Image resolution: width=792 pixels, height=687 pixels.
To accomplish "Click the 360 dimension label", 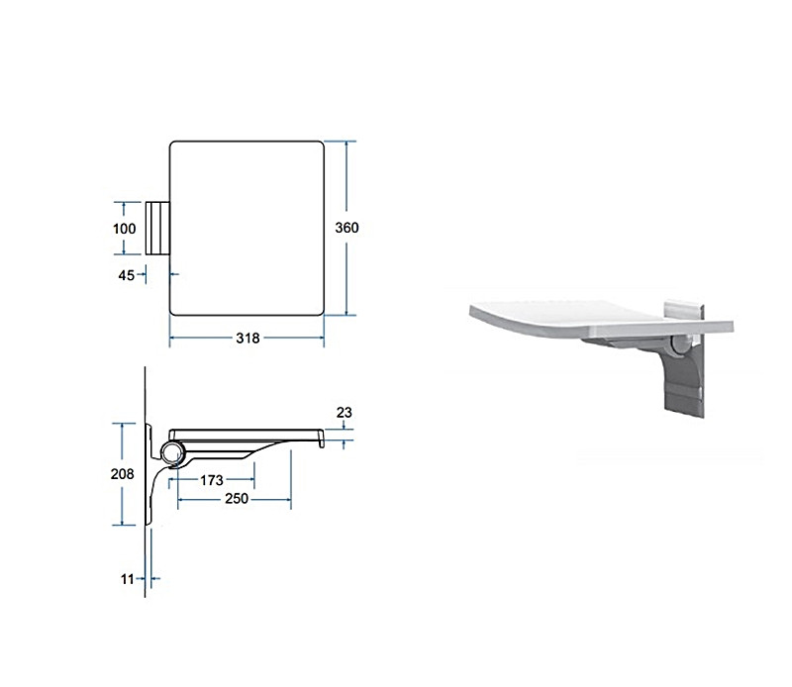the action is click(346, 228).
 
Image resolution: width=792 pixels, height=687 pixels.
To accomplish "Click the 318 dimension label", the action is click(247, 338).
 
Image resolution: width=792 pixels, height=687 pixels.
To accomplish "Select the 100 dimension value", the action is click(125, 229).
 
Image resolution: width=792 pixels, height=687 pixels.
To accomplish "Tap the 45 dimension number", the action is click(127, 275).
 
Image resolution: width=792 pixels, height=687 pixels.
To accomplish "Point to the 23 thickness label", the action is click(344, 412).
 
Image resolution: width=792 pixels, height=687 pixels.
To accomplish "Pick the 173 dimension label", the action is click(211, 480).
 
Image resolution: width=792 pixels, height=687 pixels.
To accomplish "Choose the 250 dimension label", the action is click(237, 499).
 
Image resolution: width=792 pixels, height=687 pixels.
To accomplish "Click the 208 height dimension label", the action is click(122, 474).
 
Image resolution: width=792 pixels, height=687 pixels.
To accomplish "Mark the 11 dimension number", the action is click(127, 579).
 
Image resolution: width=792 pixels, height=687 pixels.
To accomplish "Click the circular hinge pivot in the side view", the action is click(172, 452).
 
